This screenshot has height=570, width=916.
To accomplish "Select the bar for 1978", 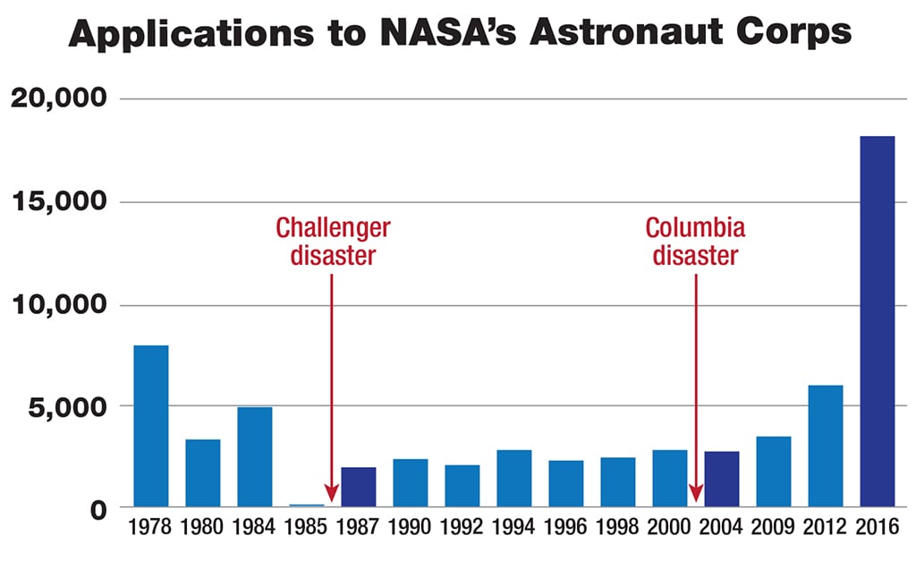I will coord(150,427).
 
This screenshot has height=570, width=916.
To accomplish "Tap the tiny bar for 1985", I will coord(306,506).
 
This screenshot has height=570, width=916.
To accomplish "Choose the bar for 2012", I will coord(825,447).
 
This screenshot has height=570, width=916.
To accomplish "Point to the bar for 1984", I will coord(254,457).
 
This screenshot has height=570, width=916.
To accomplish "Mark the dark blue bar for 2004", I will coord(721,480).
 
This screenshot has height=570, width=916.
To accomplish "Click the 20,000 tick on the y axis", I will coord(58,98).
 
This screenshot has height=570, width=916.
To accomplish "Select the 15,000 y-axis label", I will coord(58,202).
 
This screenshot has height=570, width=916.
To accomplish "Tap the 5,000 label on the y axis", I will coord(64,406).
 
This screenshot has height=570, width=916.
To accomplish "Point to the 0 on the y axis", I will coord(98,509).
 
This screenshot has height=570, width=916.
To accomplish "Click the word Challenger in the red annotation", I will coord(333,227).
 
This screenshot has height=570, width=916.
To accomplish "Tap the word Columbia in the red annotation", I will coord(695,227).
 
